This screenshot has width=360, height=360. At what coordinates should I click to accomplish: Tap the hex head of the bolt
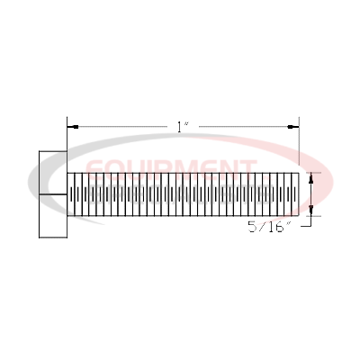[x=52, y=193]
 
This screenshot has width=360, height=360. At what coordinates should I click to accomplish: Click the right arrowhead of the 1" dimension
[x=294, y=127]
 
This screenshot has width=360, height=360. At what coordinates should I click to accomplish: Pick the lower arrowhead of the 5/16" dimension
[x=311, y=212]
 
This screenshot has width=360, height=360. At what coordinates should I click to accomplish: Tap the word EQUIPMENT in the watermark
[x=168, y=168]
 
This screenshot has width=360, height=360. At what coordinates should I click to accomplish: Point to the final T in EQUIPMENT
[x=244, y=168]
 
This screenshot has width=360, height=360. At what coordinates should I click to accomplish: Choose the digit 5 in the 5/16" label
[x=251, y=229]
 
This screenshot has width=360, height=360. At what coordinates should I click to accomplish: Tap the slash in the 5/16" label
[x=262, y=229]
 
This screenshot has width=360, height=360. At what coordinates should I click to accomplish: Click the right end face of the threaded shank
[x=299, y=193]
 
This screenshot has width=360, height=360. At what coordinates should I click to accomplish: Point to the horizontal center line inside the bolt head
[x=52, y=194]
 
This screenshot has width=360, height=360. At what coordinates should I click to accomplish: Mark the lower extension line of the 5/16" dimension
[x=310, y=216]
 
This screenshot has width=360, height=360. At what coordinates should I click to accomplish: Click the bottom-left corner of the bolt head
[x=39, y=238]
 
